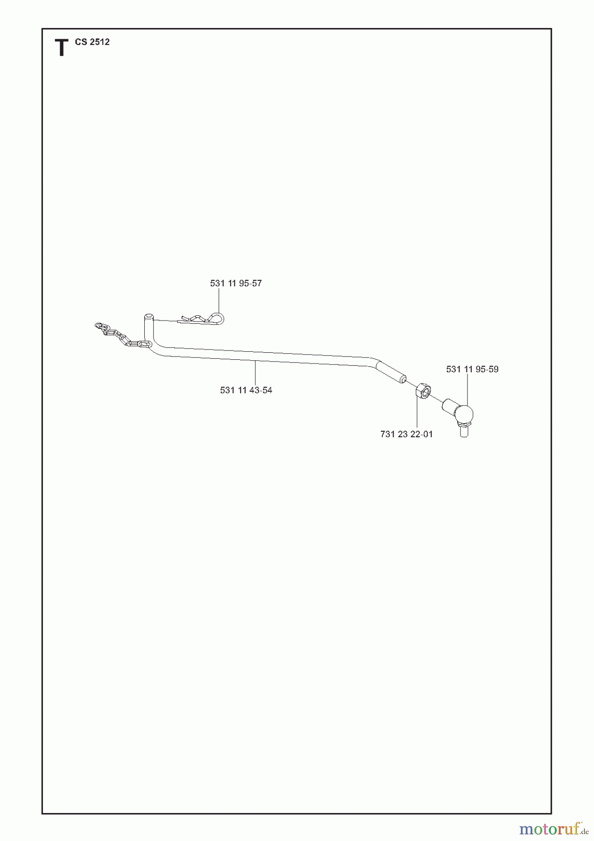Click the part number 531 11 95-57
(x=236, y=283)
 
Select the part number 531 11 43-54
(x=246, y=390)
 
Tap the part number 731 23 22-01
(x=407, y=434)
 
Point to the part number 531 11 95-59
(x=472, y=369)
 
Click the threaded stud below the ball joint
(x=464, y=430)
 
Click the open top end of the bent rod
(x=148, y=316)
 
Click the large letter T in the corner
(x=61, y=48)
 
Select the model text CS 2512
(x=92, y=42)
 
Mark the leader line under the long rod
(x=255, y=373)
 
